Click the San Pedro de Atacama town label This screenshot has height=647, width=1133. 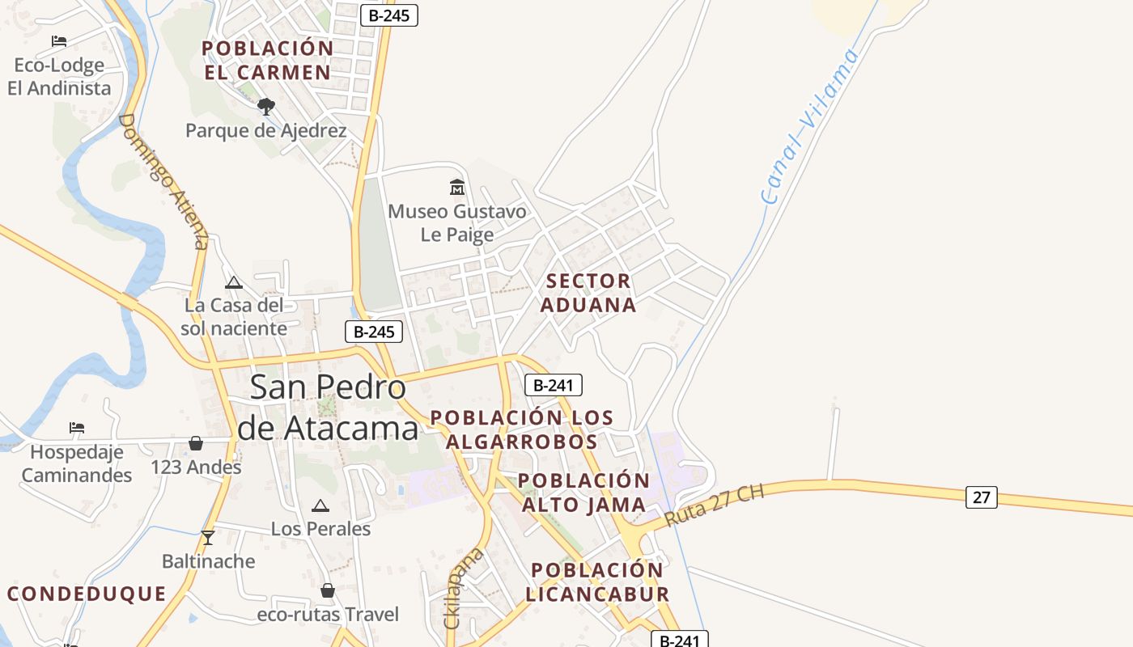pos(328,407)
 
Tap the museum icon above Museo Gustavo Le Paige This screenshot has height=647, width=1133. pos(457,188)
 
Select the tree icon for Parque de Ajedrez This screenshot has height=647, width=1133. pos(265,106)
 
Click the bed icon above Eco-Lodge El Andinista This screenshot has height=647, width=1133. pos(59,41)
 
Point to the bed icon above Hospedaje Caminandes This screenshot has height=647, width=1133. pos(77,427)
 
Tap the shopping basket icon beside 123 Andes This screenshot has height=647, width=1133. pos(196,443)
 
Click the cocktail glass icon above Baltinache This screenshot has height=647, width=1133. pos(208,537)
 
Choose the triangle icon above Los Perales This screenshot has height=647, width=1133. pos(320,506)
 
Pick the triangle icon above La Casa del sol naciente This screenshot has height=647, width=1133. pos(234,282)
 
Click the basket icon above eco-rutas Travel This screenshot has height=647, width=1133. pos(328,590)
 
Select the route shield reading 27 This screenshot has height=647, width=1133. pos(981,497)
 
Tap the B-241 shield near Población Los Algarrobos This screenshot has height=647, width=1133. pos(553,385)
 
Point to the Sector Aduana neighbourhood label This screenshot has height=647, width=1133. pos(588,293)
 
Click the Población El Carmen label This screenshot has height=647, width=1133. pos(267,61)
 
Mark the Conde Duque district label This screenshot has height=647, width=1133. pos(87,594)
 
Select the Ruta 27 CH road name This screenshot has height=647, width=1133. pos(714,505)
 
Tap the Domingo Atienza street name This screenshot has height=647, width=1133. pos(164,181)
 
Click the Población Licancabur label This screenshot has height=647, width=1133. pos(597,582)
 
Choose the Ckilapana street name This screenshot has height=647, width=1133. pos(464,588)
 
